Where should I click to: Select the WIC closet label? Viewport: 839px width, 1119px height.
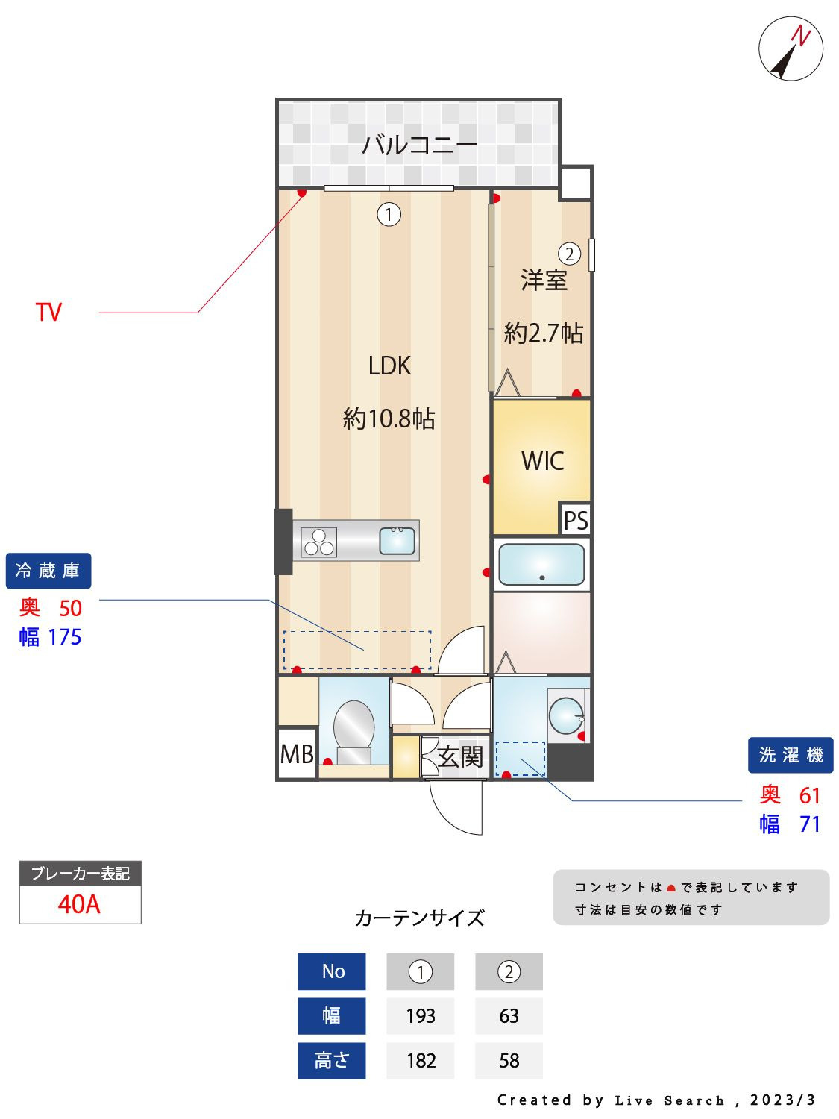point(542,461)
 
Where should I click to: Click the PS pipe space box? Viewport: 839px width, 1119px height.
point(576,519)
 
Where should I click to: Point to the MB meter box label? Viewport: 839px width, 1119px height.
point(297,754)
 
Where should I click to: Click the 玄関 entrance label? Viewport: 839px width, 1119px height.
point(460,756)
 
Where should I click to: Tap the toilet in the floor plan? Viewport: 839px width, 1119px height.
point(353,733)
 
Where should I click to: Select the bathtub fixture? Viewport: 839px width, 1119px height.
point(541,564)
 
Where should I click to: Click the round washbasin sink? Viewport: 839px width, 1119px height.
point(567,714)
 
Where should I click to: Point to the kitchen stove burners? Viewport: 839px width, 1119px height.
point(319,542)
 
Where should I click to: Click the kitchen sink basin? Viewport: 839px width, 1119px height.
point(397,540)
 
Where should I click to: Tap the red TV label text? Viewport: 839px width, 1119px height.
point(48,312)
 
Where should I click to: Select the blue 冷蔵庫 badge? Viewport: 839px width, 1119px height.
point(48,571)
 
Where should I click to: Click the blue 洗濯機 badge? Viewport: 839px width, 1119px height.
point(791,755)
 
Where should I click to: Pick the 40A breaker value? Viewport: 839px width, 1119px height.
point(79,904)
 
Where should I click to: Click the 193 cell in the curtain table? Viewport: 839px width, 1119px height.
point(421,1016)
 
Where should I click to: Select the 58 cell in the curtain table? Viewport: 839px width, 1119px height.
point(509,1061)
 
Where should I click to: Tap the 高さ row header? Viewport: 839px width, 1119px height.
point(332,1061)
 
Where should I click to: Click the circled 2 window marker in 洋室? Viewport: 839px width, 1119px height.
point(570,254)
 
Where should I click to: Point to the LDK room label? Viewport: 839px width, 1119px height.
point(389,366)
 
